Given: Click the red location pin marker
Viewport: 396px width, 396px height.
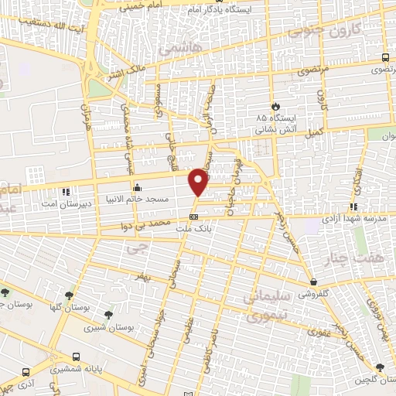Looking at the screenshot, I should point(200,183).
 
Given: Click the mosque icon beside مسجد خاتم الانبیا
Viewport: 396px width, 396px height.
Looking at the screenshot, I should point(138,186).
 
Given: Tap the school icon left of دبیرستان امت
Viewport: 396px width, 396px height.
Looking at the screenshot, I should point(66,188).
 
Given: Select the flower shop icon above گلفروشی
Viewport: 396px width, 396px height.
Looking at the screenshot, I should point(313,282).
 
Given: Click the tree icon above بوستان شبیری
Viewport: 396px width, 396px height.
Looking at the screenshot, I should point(108,315).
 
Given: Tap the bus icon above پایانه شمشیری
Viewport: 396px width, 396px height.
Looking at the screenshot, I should point(76,357).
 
